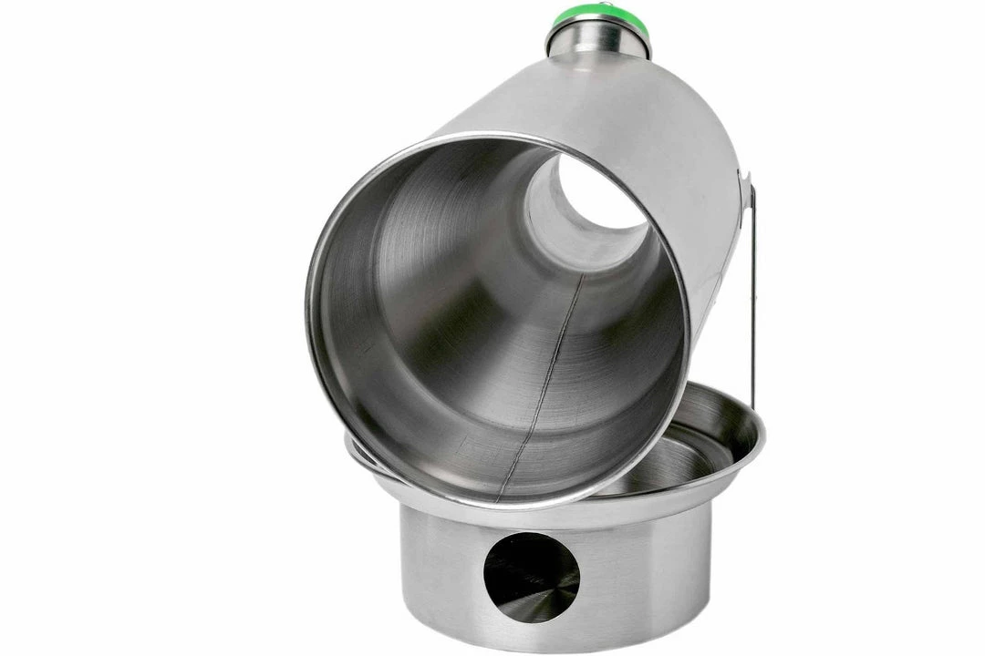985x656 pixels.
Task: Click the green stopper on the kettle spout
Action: pyautogui.click(x=598, y=15)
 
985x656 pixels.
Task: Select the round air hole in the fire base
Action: pyautogui.click(x=531, y=576)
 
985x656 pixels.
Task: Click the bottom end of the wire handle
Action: pyautogui.click(x=753, y=405)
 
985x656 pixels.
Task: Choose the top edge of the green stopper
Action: pyautogui.click(x=598, y=5)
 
